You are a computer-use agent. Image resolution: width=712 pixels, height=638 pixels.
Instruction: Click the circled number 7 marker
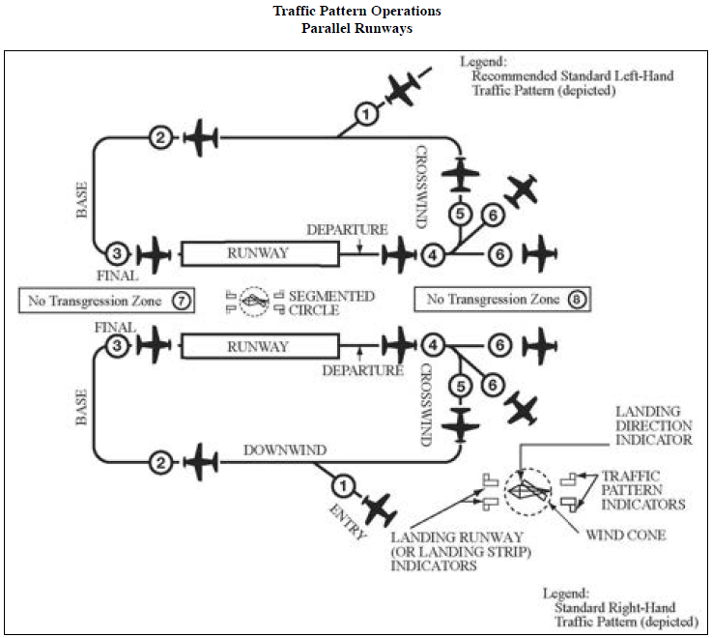pyautogui.click(x=181, y=300)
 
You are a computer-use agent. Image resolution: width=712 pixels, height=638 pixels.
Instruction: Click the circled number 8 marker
pyautogui.click(x=577, y=300)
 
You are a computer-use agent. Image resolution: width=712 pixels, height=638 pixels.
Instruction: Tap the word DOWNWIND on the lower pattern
pyautogui.click(x=284, y=449)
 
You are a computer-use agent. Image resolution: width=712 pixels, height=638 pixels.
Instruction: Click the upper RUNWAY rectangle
pyautogui.click(x=258, y=254)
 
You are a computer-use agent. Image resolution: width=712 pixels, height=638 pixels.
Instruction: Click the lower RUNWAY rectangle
pyautogui.click(x=258, y=345)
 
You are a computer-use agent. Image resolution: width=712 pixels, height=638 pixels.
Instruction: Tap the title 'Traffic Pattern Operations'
pyautogui.click(x=356, y=11)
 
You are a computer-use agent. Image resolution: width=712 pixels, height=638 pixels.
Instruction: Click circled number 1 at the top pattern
pyautogui.click(x=364, y=115)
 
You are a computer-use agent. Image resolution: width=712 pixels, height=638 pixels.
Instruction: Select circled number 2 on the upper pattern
pyautogui.click(x=160, y=138)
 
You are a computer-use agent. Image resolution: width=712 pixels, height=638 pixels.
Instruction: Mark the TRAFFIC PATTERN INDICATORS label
pyautogui.click(x=642, y=490)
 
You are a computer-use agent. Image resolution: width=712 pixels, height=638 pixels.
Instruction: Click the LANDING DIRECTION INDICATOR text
pyautogui.click(x=654, y=425)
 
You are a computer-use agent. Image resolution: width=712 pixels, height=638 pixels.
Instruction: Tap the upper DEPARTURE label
pyautogui.click(x=347, y=230)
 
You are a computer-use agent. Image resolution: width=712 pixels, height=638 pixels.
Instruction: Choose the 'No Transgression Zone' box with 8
pyautogui.click(x=501, y=300)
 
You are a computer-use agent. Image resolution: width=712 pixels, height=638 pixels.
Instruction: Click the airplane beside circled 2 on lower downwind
pyautogui.click(x=199, y=461)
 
